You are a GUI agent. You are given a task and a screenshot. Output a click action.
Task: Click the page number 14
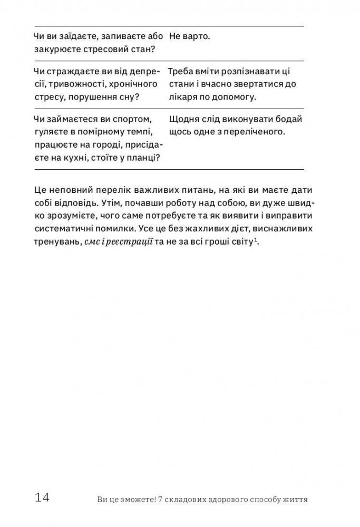43,497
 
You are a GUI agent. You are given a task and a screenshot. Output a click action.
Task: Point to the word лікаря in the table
184,97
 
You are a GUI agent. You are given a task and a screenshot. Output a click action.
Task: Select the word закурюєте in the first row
56,50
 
